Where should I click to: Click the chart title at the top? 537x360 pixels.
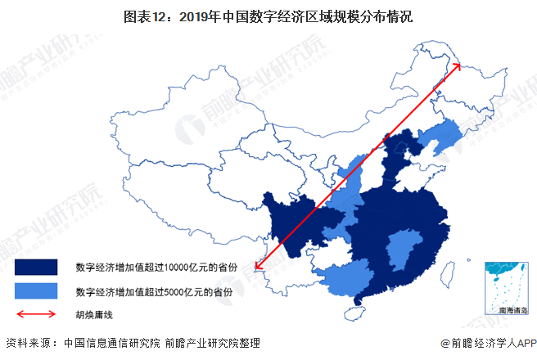pos(268,15)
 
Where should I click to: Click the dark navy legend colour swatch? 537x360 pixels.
pos(36,267)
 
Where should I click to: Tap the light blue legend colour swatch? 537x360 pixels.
pos(36,290)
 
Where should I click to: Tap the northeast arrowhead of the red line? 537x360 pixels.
pos(458,66)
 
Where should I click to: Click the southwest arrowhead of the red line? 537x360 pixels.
pos(257,264)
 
